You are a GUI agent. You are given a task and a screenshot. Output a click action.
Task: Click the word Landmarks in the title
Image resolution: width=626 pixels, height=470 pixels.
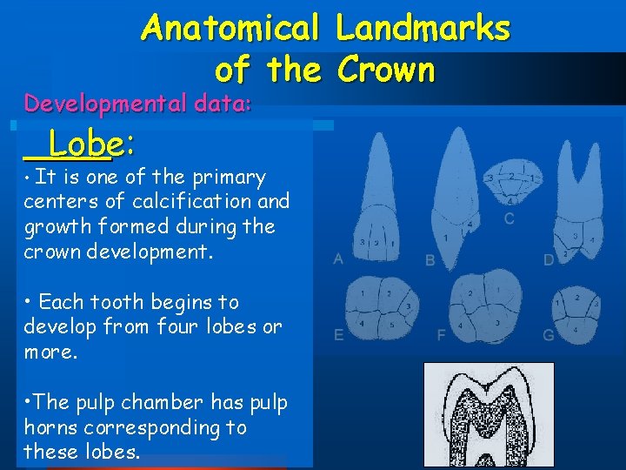click(x=423, y=28)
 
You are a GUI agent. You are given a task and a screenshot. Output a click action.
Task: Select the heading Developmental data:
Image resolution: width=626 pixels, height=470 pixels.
click(x=138, y=104)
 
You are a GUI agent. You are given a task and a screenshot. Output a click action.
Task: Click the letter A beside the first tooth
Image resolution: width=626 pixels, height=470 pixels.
click(x=338, y=258)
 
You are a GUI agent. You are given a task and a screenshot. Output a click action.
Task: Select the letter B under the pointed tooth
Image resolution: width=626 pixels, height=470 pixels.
click(x=430, y=259)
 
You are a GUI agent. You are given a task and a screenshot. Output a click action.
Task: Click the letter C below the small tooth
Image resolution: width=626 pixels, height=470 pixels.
click(x=509, y=218)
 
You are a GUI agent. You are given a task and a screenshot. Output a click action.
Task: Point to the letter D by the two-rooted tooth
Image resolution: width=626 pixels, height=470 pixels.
click(x=548, y=259)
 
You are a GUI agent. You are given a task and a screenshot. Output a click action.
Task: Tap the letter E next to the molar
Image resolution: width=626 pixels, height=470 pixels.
click(x=338, y=334)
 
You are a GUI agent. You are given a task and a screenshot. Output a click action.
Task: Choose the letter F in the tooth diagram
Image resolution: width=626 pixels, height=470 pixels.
click(x=442, y=334)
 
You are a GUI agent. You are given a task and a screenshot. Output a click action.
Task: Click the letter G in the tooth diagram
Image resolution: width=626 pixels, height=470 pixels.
click(x=548, y=334)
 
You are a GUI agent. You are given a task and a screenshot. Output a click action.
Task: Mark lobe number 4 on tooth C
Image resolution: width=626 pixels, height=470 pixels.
click(x=510, y=200)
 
